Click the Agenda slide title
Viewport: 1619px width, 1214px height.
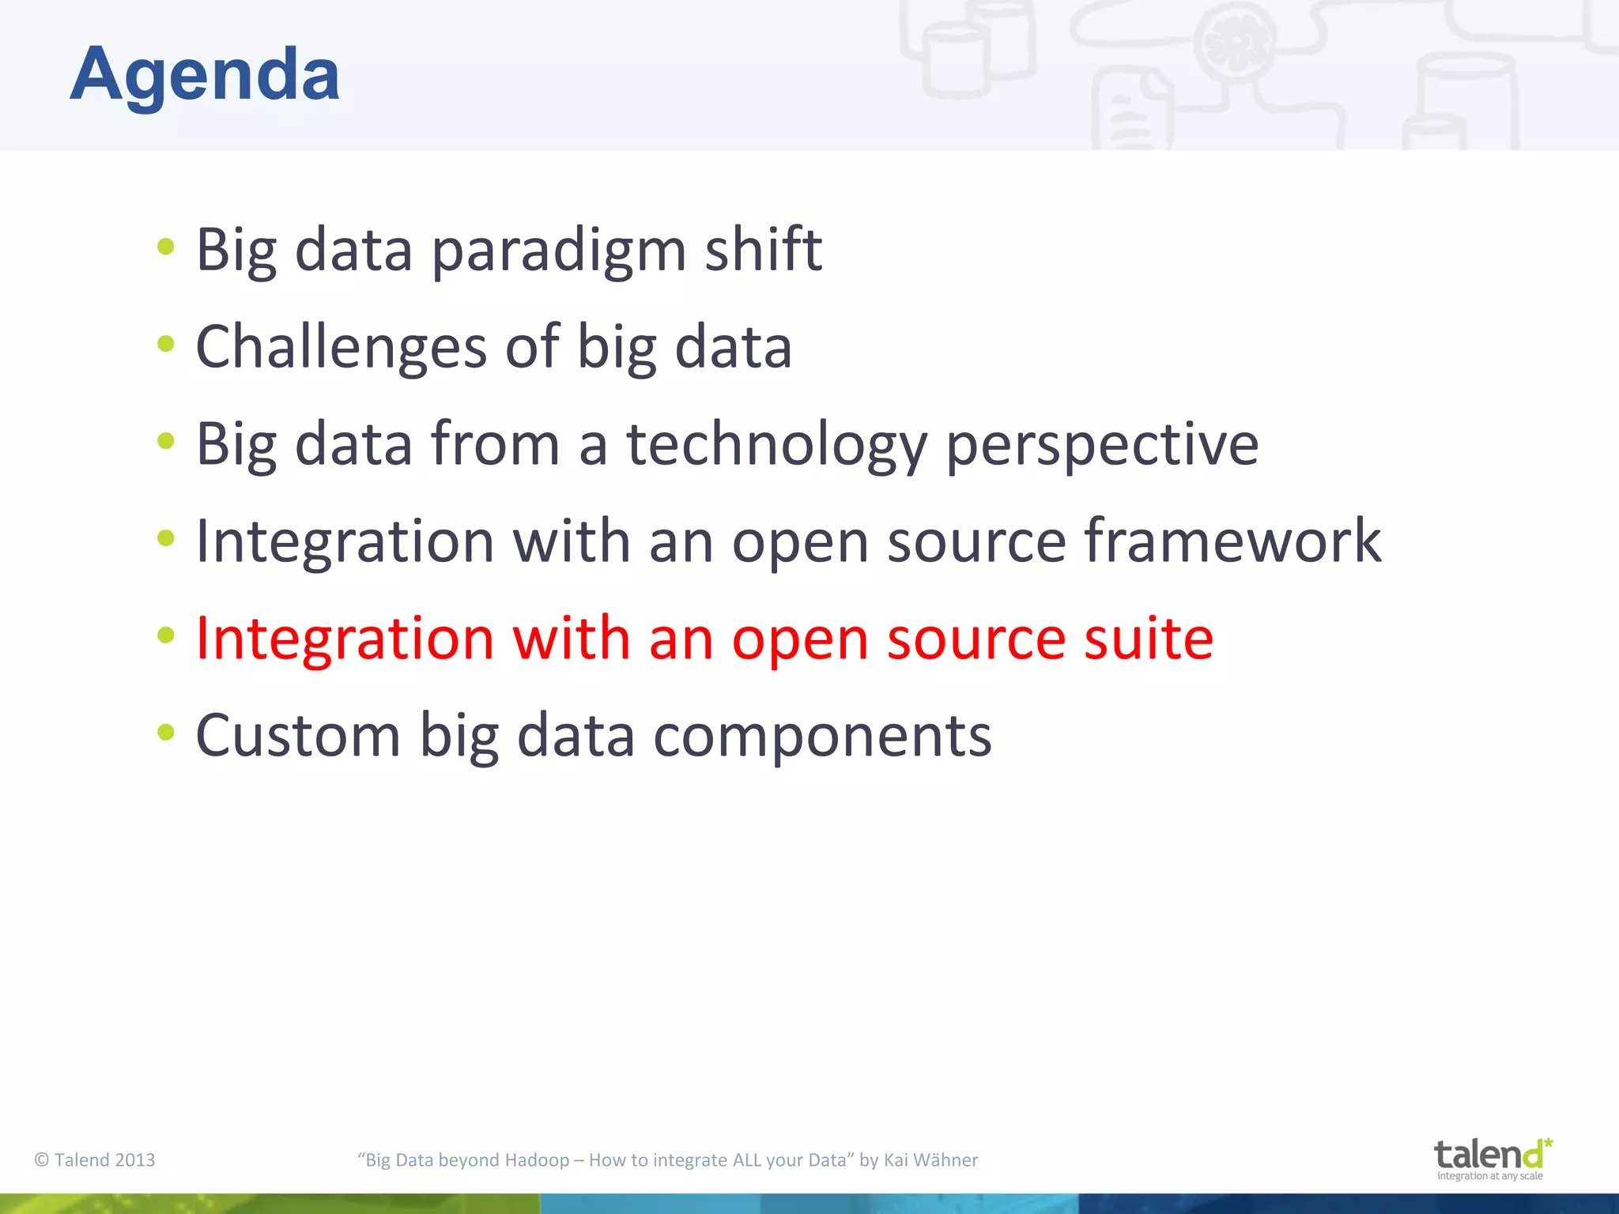click(x=205, y=75)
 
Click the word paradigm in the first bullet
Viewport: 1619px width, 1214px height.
click(x=558, y=251)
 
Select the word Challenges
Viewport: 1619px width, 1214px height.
click(x=341, y=348)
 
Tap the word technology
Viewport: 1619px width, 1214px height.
click(x=776, y=445)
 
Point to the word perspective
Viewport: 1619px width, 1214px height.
click(x=1102, y=445)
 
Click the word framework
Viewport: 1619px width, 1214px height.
click(x=1232, y=541)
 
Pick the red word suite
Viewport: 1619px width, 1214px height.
click(x=1148, y=639)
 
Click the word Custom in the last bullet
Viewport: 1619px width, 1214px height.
click(x=298, y=736)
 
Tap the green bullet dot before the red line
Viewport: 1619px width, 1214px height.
click(x=165, y=635)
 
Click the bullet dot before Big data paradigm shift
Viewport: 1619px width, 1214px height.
click(x=165, y=247)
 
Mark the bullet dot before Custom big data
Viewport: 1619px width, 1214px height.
click(x=165, y=732)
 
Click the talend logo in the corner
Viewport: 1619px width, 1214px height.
click(x=1491, y=1155)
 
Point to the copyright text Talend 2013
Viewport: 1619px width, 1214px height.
click(x=95, y=1159)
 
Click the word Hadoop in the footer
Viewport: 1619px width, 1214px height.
click(x=537, y=1159)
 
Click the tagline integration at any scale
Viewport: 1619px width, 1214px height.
click(x=1489, y=1176)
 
